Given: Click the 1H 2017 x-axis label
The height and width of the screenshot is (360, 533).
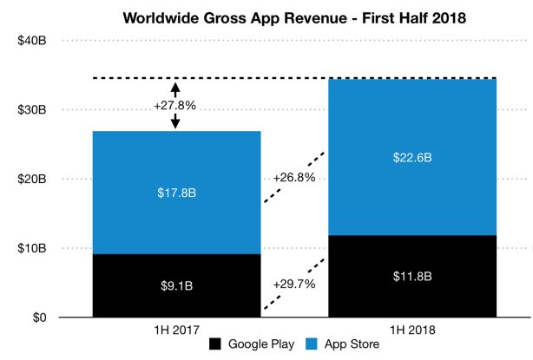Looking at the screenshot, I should click(175, 331).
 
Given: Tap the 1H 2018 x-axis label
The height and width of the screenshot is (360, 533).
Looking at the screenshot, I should click(411, 331).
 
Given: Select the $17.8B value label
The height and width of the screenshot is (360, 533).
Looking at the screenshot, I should click(175, 193).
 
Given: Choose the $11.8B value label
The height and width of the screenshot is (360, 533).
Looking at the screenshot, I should click(411, 277).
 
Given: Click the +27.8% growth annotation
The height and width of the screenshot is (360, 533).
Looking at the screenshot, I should click(175, 106).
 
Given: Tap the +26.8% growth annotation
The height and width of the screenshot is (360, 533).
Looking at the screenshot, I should click(293, 177).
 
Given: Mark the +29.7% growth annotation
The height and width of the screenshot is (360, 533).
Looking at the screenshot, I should click(293, 284).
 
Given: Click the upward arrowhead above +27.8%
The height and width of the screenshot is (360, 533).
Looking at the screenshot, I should click(175, 86).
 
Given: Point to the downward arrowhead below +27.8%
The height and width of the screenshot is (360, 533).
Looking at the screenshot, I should click(175, 124).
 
